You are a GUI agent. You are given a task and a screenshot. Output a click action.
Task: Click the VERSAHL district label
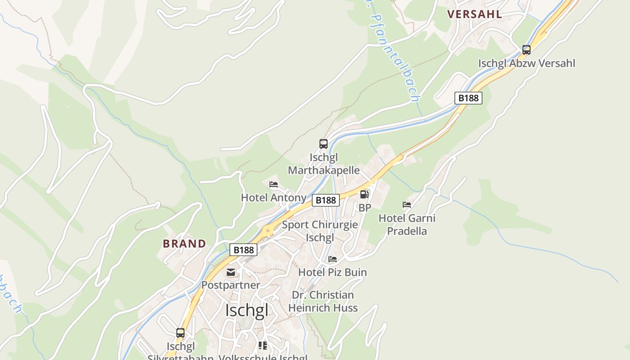coord(475,14)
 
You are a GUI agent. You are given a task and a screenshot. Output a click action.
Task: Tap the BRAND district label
coord(184,244)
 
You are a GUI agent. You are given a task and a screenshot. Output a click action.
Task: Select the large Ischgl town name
coord(247,310)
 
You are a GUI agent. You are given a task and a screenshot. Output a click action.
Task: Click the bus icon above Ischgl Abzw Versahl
coord(526,50)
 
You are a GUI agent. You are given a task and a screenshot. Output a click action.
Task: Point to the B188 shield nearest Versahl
coord(468,98)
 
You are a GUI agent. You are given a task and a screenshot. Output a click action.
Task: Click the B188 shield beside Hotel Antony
coord(325,200)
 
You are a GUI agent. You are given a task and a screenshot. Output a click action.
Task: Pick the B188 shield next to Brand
coord(243,250)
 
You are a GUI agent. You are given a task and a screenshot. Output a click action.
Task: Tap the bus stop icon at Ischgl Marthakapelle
coord(323,144)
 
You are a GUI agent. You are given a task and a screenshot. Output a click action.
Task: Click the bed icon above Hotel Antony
coord(273,184)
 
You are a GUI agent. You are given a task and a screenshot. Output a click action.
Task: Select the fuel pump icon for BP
coord(364,194)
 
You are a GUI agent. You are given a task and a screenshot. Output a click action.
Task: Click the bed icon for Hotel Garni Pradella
coord(407,205)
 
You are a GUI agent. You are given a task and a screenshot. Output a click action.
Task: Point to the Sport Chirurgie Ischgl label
coord(319,231)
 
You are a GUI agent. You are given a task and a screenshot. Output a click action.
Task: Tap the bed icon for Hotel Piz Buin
coord(333,259)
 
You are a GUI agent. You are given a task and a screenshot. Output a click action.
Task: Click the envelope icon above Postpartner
coord(231,272)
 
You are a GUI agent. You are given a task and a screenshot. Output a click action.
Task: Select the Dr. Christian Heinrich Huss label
coord(323,301)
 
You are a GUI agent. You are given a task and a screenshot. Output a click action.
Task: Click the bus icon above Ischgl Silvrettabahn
coord(180,333)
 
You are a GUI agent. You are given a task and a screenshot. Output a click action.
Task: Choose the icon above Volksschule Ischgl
coord(263,346)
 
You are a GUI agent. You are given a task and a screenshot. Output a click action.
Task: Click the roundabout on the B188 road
coord(268,231)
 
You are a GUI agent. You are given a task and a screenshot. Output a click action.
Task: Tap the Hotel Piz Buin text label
coord(333,272)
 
